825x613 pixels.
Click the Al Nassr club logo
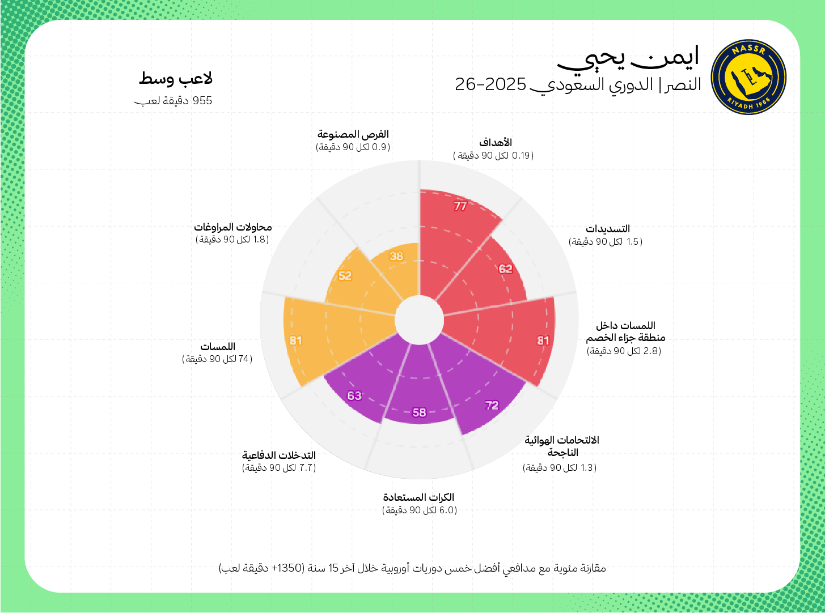point(748,77)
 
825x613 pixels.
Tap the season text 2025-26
point(491,84)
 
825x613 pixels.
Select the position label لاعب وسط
point(176,79)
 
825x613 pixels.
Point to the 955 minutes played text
point(174,101)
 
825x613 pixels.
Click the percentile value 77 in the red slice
point(460,206)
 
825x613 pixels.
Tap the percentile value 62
point(506,269)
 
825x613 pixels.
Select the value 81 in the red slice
point(543,340)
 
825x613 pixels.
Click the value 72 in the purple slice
point(492,405)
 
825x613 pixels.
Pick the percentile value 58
point(419,412)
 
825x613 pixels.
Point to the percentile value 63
point(354,395)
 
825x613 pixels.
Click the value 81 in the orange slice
point(295,340)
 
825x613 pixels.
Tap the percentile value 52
point(345,276)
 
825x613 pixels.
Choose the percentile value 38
point(396,256)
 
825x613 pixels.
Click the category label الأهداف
point(496,143)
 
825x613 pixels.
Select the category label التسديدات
point(607,229)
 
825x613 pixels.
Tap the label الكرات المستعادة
point(418,497)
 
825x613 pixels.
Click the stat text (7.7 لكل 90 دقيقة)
point(279,468)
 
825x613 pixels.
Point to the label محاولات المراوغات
point(233,227)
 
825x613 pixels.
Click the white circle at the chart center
point(419,321)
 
